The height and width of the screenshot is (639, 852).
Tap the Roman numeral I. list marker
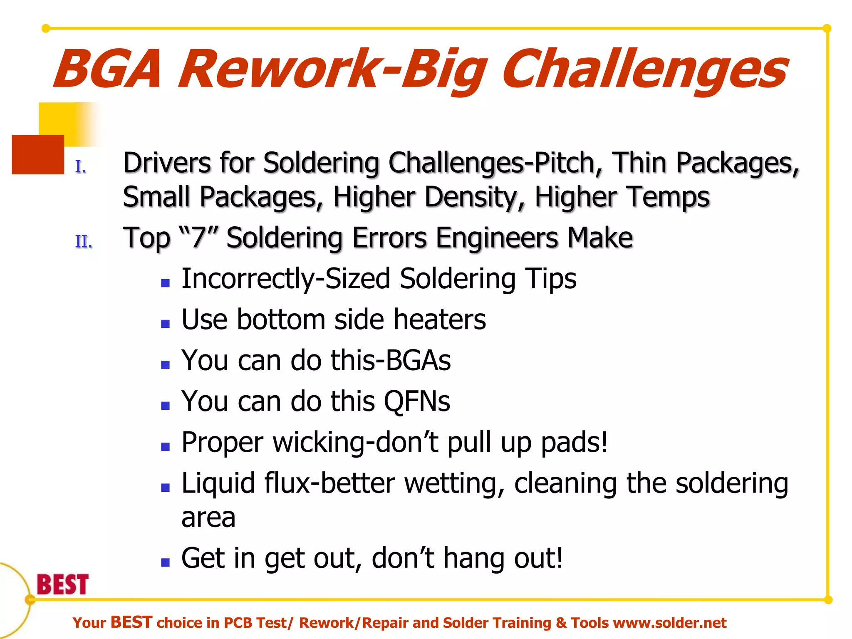pyautogui.click(x=81, y=167)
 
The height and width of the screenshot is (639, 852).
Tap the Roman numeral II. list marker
pyautogui.click(x=84, y=242)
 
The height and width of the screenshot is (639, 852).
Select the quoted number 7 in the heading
pyautogui.click(x=199, y=238)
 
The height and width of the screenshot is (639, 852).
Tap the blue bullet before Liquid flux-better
pyautogui.click(x=166, y=488)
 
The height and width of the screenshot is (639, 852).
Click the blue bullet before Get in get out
pyautogui.click(x=166, y=562)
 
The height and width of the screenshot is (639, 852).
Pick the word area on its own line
pyautogui.click(x=208, y=518)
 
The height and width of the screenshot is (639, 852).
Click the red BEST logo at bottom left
pyautogui.click(x=63, y=584)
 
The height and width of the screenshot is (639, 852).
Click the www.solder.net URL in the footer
pyautogui.click(x=670, y=623)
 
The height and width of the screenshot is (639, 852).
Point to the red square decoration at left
pyautogui.click(x=37, y=154)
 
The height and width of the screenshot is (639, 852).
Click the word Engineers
pyautogui.click(x=498, y=238)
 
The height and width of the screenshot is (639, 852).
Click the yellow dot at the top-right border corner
pyautogui.click(x=827, y=28)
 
